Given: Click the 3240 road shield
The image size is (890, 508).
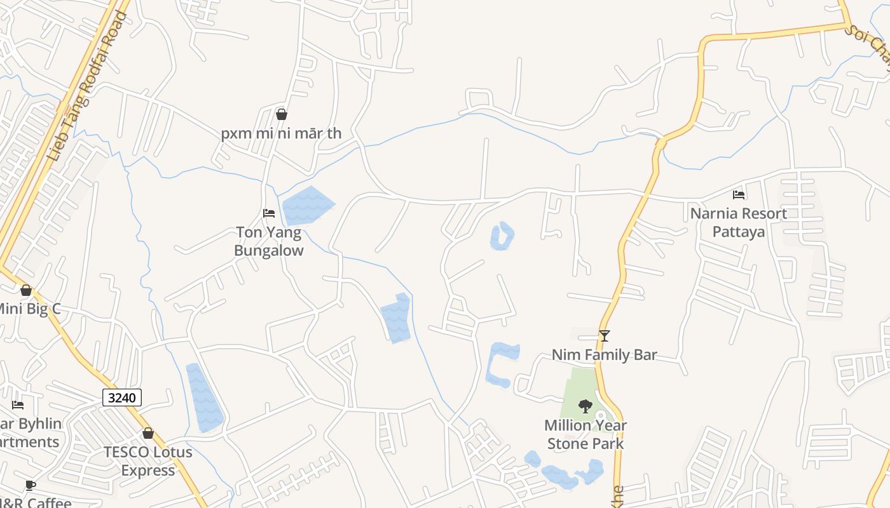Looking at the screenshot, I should tap(122, 398).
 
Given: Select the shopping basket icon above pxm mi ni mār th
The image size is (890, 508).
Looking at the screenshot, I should tap(282, 114).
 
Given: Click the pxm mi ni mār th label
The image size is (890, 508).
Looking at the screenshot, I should tap(281, 133).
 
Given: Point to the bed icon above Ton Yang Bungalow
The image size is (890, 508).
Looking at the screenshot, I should tap(269, 213).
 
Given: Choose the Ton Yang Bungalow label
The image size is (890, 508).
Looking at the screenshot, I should tap(269, 241).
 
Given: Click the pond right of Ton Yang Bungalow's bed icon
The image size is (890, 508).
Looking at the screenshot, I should tap(308, 205).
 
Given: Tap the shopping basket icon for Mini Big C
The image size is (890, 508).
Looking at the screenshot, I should tap(26, 290).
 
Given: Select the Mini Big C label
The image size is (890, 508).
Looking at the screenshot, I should tap(29, 309).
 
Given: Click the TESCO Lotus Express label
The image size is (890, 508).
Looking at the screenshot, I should tap(148, 461).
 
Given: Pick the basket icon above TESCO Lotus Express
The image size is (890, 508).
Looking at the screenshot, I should tap(148, 433).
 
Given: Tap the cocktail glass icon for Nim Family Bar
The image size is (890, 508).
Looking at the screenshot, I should tap(605, 336).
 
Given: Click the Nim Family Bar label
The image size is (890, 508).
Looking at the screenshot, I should tap(604, 354).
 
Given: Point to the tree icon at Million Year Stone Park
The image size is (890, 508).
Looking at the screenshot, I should tap(585, 406).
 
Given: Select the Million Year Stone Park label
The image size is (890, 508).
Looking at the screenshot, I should tap(585, 434).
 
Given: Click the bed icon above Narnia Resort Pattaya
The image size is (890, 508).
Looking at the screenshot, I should tap(739, 195).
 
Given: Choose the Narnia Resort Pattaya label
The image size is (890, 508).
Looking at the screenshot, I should tap(739, 222).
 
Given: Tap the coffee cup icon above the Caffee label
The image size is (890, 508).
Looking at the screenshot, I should tap(30, 486).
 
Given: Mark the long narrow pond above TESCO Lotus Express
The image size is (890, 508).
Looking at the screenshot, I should tap(204, 398).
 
